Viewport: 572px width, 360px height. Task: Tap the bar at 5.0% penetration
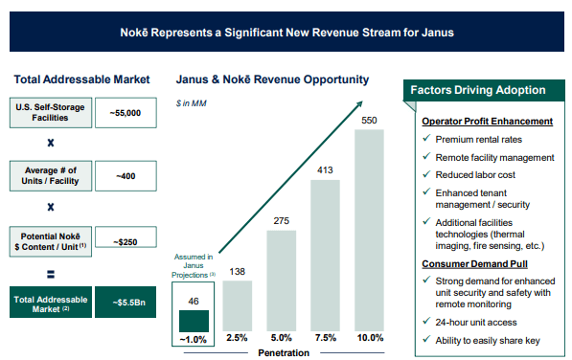pyautogui.click(x=281, y=280)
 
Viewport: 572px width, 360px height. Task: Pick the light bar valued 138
pyautogui.click(x=238, y=304)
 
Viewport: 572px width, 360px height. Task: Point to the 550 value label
pyautogui.click(x=369, y=121)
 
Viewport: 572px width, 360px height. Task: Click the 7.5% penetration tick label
pyautogui.click(x=325, y=338)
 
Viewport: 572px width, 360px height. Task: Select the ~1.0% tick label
pyautogui.click(x=194, y=338)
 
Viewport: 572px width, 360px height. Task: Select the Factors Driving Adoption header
pyautogui.click(x=478, y=90)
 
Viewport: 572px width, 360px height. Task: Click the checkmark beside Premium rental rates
pyautogui.click(x=425, y=140)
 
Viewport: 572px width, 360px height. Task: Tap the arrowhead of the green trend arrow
pyautogui.click(x=365, y=97)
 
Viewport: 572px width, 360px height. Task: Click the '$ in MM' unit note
pyautogui.click(x=190, y=101)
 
